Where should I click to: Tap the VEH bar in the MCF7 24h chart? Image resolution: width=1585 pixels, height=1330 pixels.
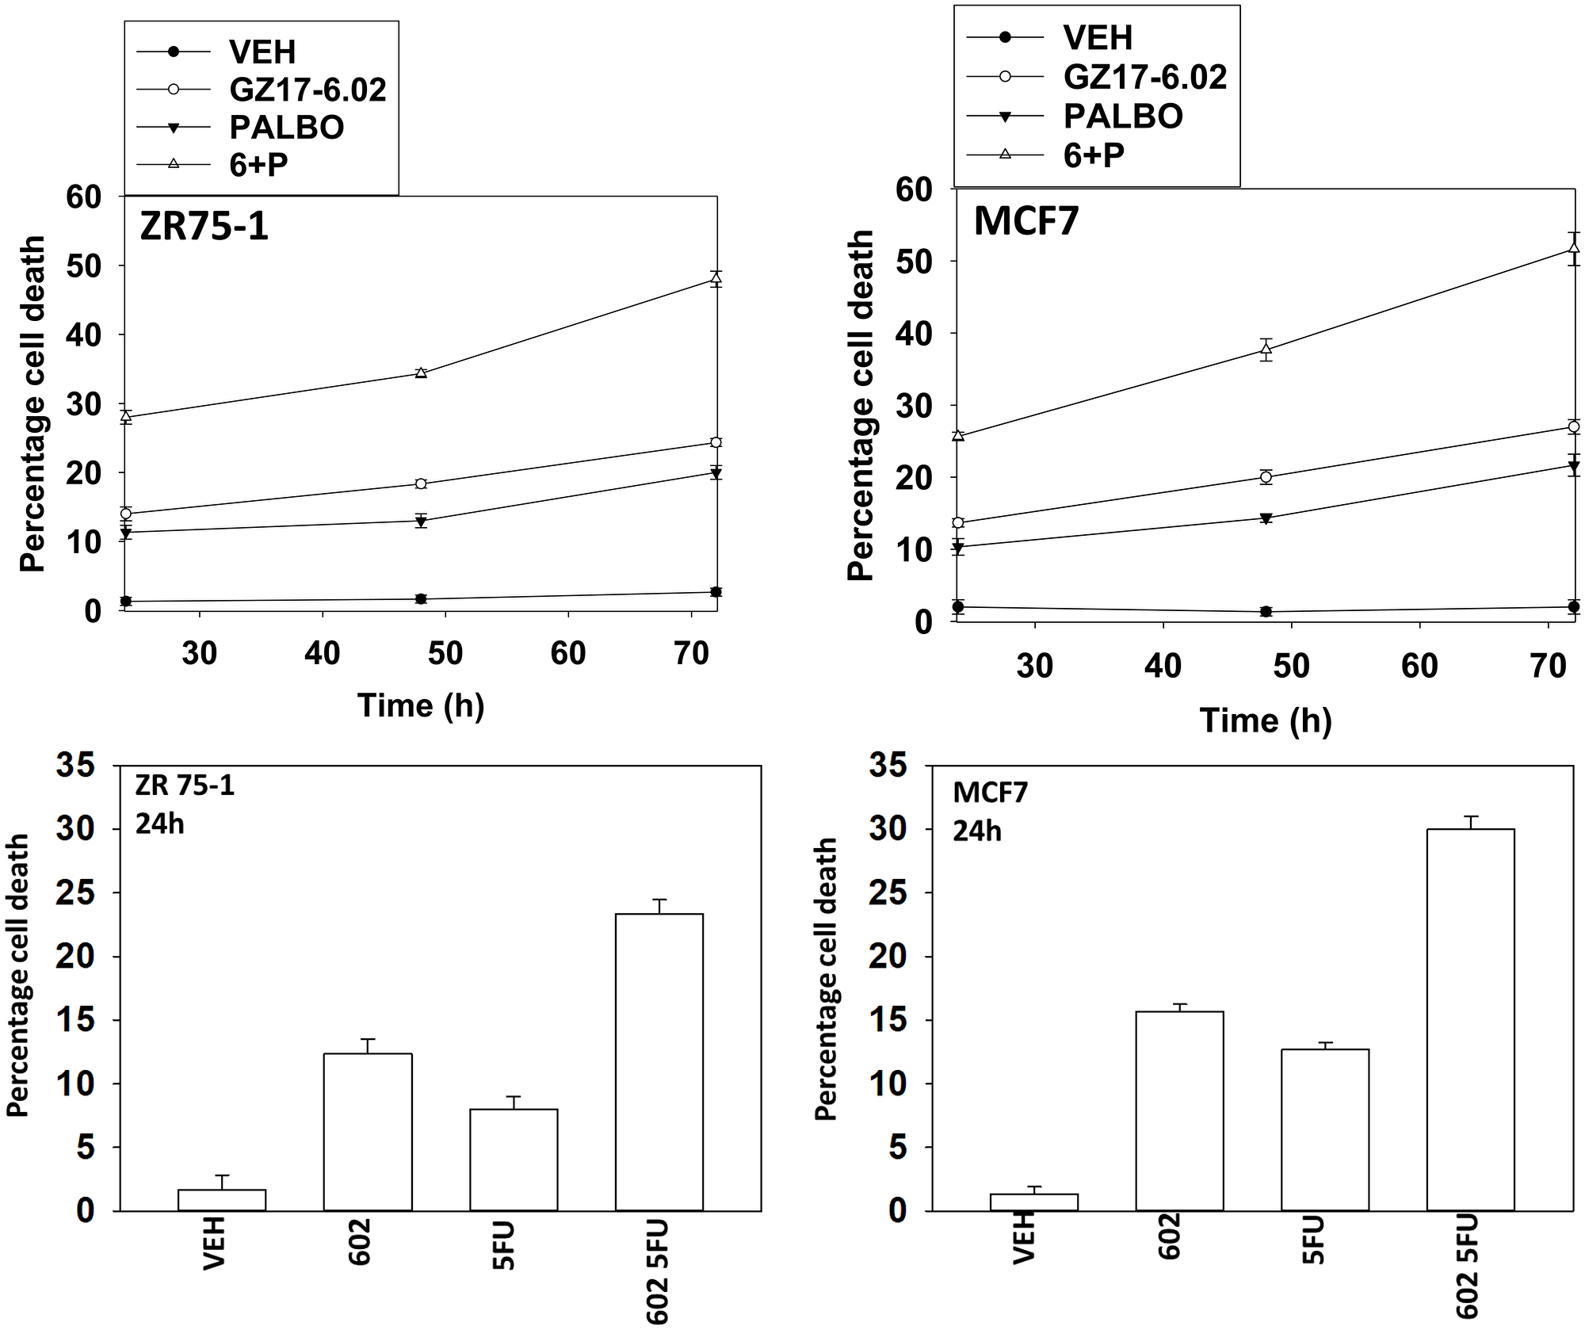click(1033, 1202)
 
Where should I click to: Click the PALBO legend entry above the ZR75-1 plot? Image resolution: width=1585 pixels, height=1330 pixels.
click(286, 127)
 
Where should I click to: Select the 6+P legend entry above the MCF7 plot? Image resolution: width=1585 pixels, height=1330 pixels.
click(1093, 155)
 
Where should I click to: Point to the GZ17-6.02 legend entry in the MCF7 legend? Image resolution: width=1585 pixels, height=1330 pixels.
click(1144, 76)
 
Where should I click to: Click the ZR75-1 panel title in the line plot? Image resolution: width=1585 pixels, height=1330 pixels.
click(204, 226)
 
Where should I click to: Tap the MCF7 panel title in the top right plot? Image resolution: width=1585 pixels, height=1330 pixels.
click(1025, 220)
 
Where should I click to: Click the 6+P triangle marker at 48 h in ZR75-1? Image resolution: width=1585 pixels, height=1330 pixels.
click(421, 373)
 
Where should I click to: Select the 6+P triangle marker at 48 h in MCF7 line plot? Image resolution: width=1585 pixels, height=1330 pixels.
click(1266, 348)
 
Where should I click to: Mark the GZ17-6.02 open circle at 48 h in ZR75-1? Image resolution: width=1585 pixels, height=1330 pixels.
click(421, 483)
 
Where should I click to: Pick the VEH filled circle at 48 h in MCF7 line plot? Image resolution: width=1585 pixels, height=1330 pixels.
click(1266, 611)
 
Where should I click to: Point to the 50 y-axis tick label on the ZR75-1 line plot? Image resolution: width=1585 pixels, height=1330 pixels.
click(83, 266)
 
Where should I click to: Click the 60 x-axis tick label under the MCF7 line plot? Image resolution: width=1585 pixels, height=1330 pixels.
click(1419, 666)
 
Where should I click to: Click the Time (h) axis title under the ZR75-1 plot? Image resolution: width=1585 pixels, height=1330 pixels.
click(420, 705)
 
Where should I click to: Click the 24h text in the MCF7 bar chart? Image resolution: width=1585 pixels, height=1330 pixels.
click(976, 831)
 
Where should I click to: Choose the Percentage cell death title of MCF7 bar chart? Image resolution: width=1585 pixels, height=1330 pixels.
click(826, 979)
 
